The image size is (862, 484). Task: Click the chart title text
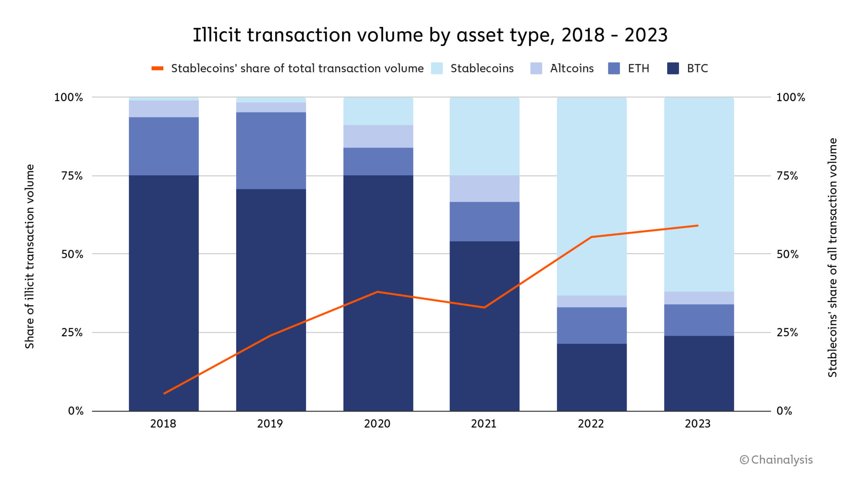430,35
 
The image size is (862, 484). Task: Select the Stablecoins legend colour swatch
437,68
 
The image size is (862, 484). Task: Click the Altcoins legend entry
562,68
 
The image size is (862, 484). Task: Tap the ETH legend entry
629,68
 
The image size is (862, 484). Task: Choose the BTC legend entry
688,68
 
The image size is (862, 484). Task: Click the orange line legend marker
157,68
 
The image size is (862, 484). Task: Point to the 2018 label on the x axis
163,424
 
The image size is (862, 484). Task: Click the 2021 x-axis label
484,424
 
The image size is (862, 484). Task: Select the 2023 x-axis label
698,424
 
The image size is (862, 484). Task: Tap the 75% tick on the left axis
72,176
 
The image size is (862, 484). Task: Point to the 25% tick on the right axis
787,333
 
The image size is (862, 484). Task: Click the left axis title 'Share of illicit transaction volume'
29,256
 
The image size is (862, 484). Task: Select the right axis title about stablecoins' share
833,257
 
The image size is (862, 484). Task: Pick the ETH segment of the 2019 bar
271,150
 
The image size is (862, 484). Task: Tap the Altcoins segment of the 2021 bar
484,189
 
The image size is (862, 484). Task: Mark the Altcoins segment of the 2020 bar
378,136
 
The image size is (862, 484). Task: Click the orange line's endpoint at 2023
697,226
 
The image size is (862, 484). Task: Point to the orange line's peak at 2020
378,291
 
